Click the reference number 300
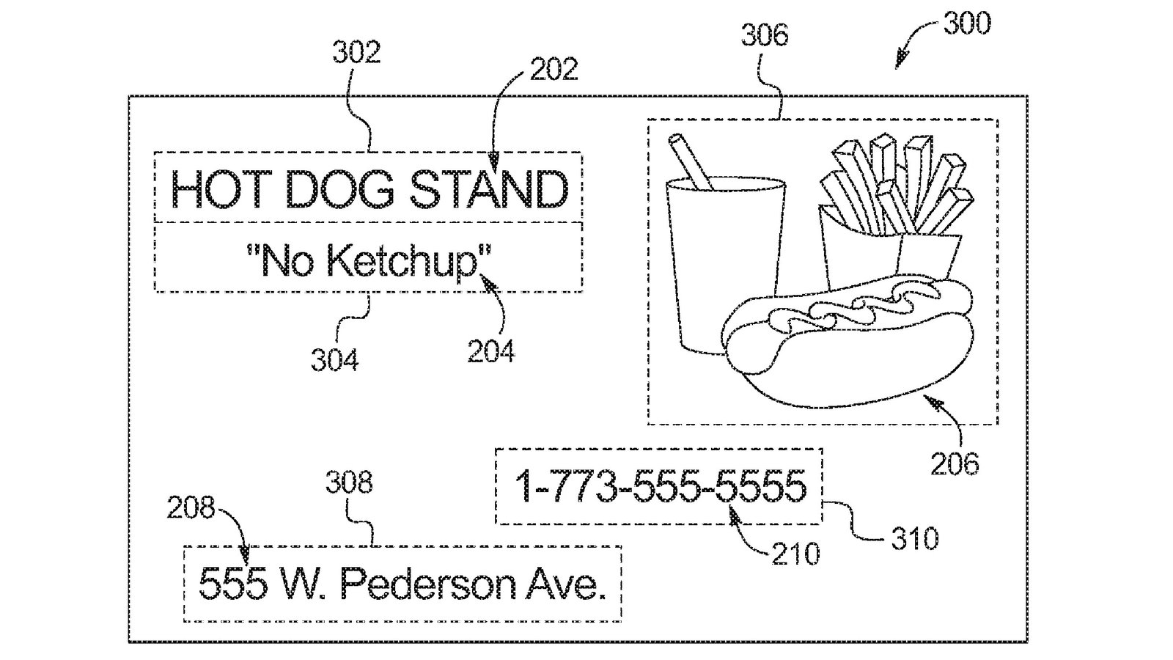click(x=966, y=23)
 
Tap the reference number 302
click(x=356, y=53)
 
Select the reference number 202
click(x=554, y=69)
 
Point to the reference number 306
click(x=765, y=35)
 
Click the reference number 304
click(x=334, y=360)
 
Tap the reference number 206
click(x=955, y=463)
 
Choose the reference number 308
click(x=350, y=483)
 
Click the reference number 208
click(x=191, y=507)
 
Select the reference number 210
click(x=796, y=553)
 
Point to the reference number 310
click(x=915, y=539)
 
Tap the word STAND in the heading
click(x=488, y=189)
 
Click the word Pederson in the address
click(x=427, y=585)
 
